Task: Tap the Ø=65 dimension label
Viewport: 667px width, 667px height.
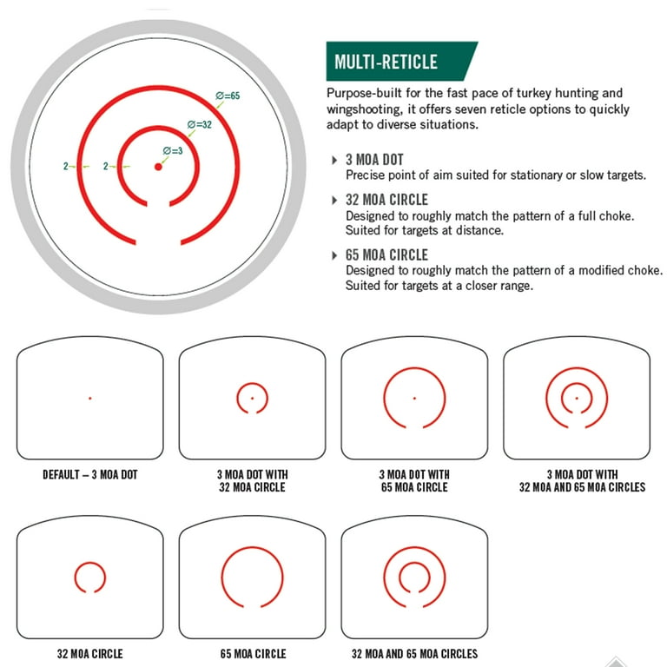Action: (228, 96)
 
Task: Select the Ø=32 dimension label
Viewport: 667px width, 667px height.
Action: (200, 124)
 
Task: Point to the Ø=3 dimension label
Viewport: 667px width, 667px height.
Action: (173, 150)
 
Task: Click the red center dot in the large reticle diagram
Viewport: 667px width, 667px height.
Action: (158, 167)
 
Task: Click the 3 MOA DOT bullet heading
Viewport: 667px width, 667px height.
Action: (374, 160)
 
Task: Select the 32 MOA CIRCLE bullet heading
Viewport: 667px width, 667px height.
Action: (386, 200)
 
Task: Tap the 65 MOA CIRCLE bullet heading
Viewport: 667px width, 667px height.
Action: (386, 254)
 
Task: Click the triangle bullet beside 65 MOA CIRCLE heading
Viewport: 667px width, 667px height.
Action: (334, 255)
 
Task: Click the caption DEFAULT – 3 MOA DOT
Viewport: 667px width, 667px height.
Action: (90, 475)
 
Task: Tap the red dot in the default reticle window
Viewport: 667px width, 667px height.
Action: (90, 398)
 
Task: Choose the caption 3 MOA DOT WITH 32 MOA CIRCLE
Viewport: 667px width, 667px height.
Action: (252, 480)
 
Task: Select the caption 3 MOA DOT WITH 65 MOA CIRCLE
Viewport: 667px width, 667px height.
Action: (414, 480)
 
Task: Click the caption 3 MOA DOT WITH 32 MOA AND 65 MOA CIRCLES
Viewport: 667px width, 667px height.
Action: (583, 480)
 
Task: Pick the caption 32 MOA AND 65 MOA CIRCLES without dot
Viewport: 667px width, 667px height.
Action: (415, 653)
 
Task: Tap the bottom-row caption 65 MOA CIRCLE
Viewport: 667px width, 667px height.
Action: (253, 653)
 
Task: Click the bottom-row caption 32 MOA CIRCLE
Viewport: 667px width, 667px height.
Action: (90, 653)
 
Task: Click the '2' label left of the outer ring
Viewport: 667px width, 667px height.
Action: (66, 166)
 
